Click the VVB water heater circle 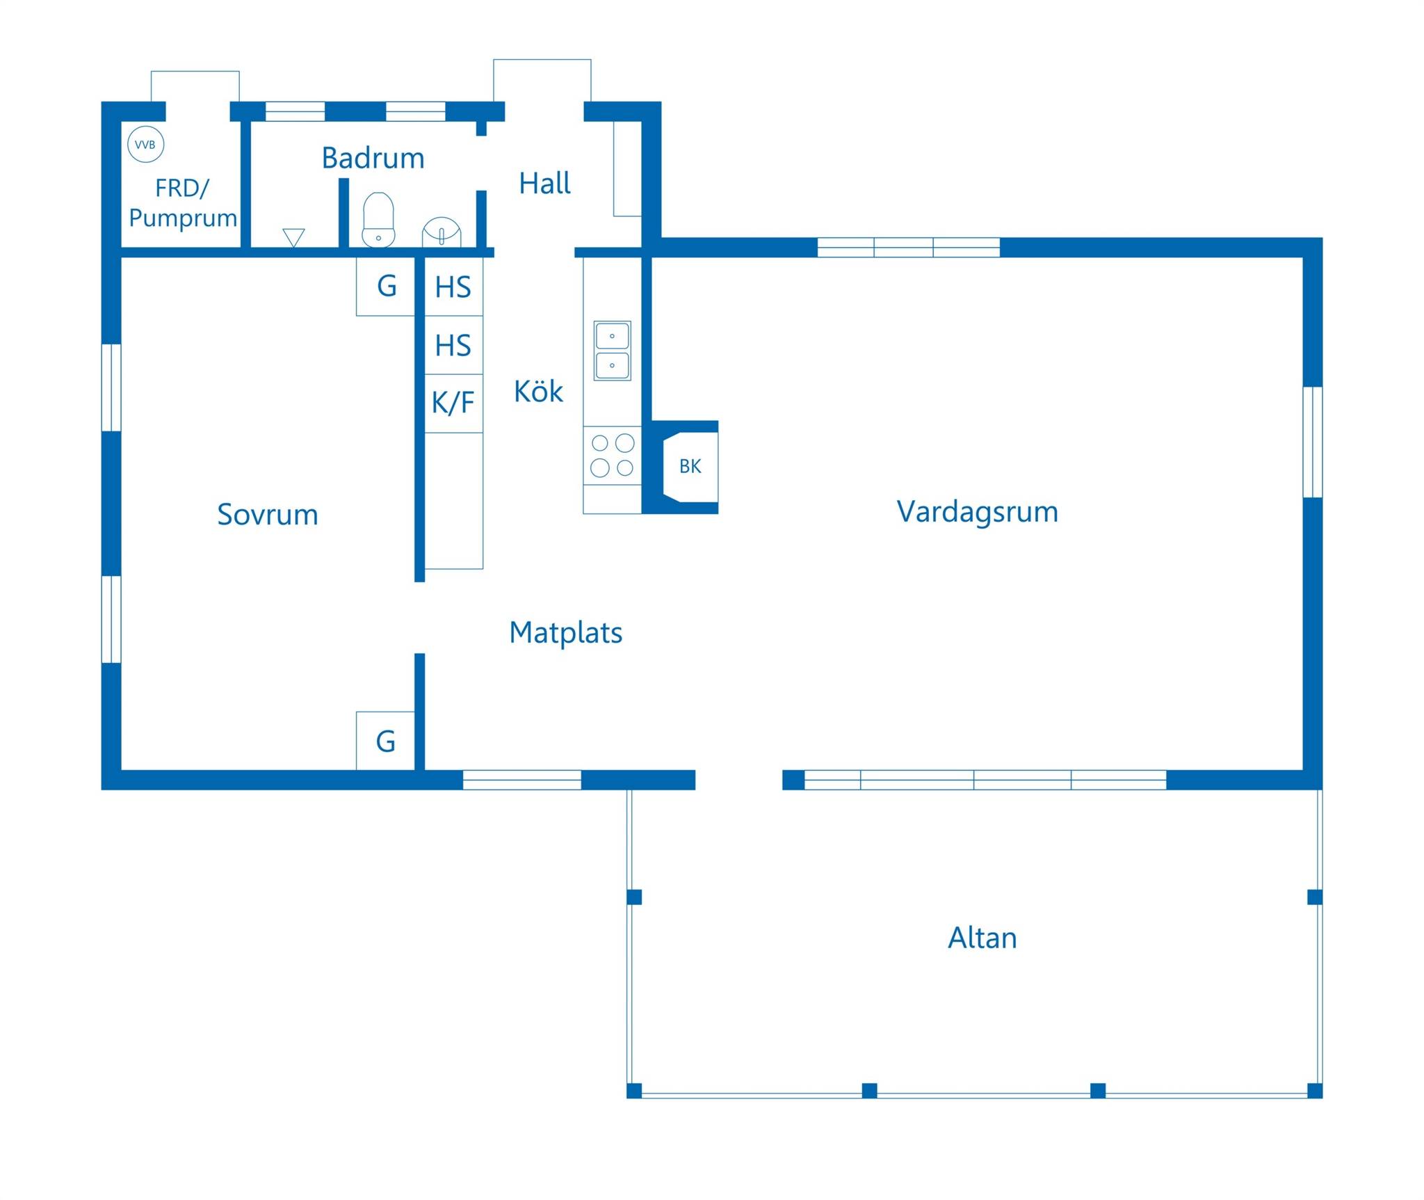point(146,145)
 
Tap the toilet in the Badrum point(378,220)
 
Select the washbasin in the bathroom point(442,232)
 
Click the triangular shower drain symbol point(293,237)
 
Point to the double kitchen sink point(612,351)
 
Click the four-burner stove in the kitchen point(612,455)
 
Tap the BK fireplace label point(690,467)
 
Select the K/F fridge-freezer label point(453,403)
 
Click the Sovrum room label point(268,515)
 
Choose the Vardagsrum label point(977,512)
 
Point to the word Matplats point(566,633)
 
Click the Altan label point(982,938)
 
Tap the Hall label point(544,184)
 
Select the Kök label point(538,391)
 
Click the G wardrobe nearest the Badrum point(386,286)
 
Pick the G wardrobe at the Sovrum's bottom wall point(386,741)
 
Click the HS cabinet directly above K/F point(453,345)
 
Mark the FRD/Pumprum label point(182,203)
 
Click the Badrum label point(373,159)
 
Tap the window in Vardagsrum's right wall point(1313,442)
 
